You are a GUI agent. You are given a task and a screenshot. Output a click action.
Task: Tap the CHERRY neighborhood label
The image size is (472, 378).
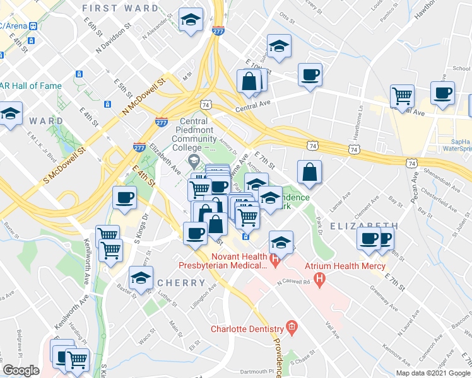(182, 283)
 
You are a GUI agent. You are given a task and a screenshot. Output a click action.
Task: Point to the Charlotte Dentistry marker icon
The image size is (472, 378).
(291, 326)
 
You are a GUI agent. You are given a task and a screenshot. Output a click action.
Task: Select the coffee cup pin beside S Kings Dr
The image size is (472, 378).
(124, 197)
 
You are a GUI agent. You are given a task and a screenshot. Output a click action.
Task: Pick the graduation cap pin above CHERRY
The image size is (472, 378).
(141, 277)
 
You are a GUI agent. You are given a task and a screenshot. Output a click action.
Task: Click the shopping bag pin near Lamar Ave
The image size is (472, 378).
(309, 171)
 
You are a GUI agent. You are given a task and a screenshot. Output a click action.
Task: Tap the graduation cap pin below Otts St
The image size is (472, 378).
(278, 46)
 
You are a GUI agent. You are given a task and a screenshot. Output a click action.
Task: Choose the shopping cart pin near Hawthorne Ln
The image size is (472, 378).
(401, 96)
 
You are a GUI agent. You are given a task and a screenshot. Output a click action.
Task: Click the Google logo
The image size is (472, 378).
(21, 370)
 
